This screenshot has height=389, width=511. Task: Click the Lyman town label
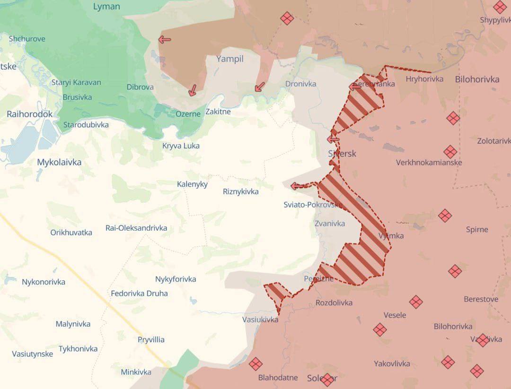106,7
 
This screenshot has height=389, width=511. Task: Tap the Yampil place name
229,59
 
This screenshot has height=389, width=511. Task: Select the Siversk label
342,154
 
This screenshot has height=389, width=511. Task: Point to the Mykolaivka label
59,162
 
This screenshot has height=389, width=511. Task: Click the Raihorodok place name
30,114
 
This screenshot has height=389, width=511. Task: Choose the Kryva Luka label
181,146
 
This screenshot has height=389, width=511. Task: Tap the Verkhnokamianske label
429,163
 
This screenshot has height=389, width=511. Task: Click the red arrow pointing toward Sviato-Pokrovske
297,186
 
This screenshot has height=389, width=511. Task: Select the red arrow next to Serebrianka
355,86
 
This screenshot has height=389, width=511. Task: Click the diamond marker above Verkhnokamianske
450,152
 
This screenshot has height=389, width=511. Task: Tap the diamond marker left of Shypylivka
500,7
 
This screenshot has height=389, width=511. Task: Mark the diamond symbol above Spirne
445,216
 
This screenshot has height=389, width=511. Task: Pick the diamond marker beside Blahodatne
255,363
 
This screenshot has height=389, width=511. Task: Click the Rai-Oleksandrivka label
136,228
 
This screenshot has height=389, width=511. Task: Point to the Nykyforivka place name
176,279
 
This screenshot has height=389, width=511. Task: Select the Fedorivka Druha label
139,293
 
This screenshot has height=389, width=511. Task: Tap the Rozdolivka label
334,303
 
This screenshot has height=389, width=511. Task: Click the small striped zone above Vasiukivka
276,292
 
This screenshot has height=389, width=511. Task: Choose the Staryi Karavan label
76,82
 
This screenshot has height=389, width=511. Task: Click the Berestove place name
481,299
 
